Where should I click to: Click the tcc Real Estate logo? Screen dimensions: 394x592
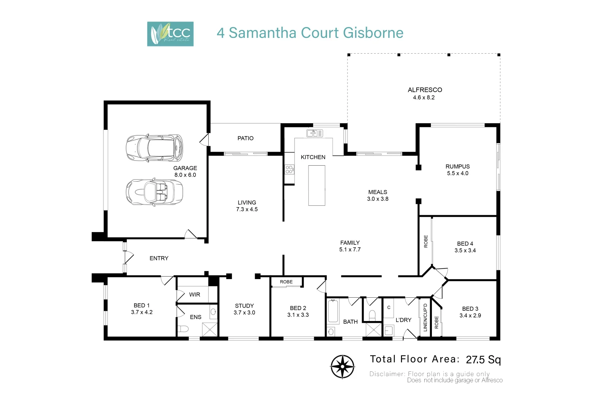pos(170,34)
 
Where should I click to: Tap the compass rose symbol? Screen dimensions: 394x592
pos(342,367)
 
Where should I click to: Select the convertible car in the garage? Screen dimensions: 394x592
pos(154,192)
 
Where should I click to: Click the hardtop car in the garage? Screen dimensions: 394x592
pos(154,148)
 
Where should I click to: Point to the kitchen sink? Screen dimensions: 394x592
pos(314,133)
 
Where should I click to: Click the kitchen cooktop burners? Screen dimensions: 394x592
pos(289,169)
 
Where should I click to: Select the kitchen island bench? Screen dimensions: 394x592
pos(316,185)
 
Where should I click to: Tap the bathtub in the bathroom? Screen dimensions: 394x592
pos(333,311)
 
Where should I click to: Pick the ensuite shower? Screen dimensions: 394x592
pos(210,329)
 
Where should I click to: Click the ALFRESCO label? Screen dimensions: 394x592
pos(425,90)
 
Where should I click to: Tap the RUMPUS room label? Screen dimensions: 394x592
pos(458,166)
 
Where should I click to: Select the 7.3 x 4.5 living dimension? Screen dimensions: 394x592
pos(247,209)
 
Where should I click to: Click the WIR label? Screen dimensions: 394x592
pos(194,294)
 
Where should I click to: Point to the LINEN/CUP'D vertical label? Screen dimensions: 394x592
pos(425,317)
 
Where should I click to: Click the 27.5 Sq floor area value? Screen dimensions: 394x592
pos(483,360)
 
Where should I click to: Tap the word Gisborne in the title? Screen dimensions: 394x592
pos(373,33)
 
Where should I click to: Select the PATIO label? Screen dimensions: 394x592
pos(245,138)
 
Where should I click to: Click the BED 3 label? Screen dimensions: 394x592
pos(470,309)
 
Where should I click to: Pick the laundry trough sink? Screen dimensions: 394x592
pos(389,331)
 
